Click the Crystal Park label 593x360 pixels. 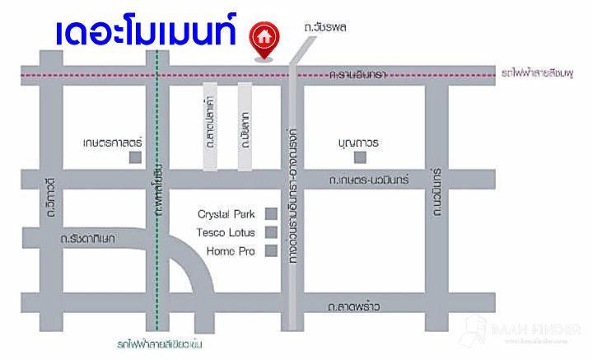click(221, 214)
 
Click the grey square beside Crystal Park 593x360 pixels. click(270, 214)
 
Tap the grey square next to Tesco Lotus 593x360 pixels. click(270, 232)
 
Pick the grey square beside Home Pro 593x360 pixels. click(270, 250)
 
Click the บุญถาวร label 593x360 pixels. click(358, 142)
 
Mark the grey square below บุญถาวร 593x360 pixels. click(359, 157)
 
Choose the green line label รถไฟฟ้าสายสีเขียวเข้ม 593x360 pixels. click(158, 344)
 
